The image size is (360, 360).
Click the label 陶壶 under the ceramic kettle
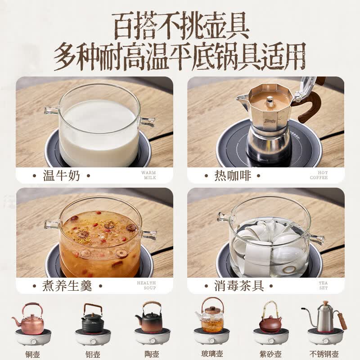[x=152, y=354]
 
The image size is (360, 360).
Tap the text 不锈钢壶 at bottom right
[x=324, y=354]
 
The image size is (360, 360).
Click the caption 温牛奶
[x=62, y=175]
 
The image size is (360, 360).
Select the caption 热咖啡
[x=233, y=175]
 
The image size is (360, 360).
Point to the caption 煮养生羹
[x=67, y=286]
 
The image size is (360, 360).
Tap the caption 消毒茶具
[x=239, y=286]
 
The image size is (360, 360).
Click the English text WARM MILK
[x=148, y=175]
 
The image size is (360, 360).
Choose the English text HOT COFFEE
[x=319, y=175]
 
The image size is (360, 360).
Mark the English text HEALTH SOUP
[x=147, y=285]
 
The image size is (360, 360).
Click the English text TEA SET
[x=323, y=285]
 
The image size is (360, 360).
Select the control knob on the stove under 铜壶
[x=33, y=342]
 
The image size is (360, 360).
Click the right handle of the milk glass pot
[x=148, y=122]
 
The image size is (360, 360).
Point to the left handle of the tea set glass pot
[x=224, y=216]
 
